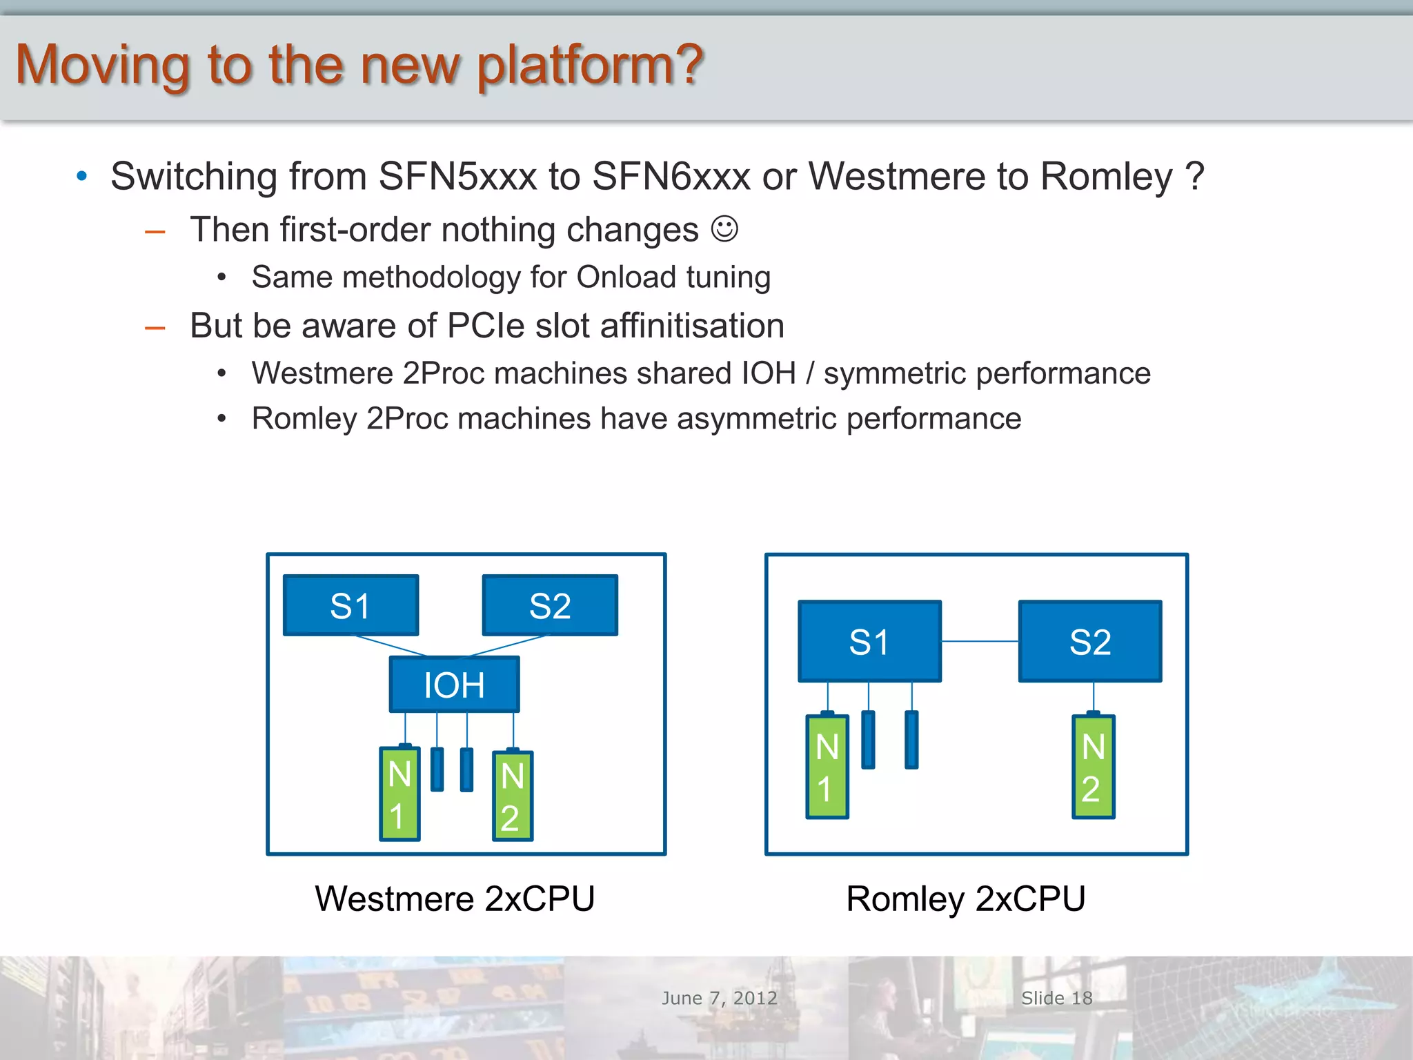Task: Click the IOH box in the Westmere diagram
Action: (454, 685)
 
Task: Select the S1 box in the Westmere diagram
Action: (350, 605)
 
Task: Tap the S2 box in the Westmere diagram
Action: (550, 605)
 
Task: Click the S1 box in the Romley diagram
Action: (869, 641)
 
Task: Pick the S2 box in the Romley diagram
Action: (1090, 641)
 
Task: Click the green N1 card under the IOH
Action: (399, 794)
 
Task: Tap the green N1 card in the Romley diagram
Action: (827, 767)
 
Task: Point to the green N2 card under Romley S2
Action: (1093, 767)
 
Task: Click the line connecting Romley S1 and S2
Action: (980, 641)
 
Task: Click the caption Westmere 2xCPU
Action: (455, 899)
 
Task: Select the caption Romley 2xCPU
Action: (965, 899)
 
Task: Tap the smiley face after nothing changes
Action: (724, 229)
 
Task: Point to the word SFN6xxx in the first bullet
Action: (671, 176)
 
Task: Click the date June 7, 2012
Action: (719, 998)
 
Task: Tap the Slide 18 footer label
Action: (1056, 998)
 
